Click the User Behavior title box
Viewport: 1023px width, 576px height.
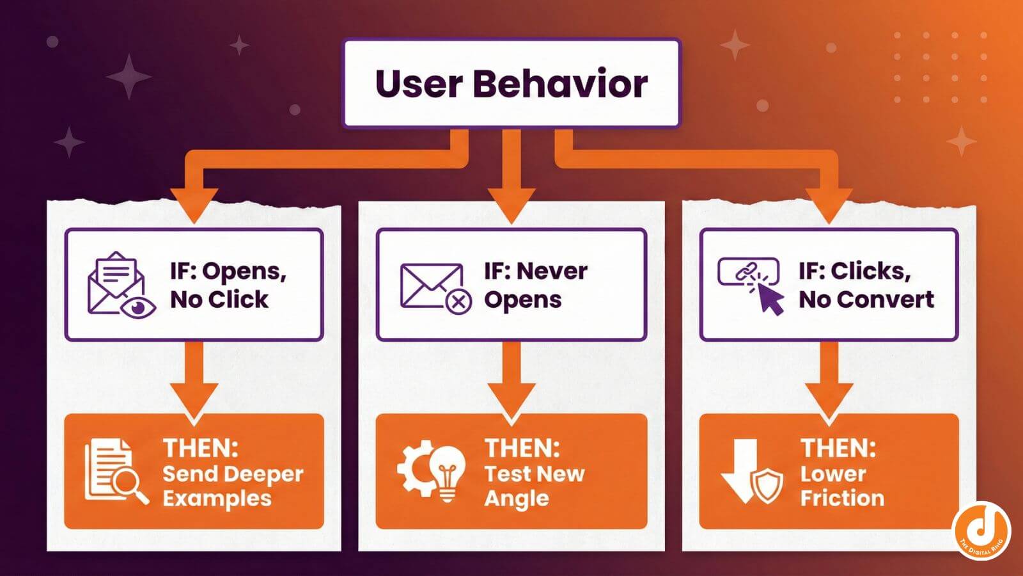511,83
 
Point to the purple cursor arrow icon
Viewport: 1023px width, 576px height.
770,298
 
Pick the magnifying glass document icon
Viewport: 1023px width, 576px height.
115,471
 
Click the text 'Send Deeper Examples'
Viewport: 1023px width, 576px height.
233,486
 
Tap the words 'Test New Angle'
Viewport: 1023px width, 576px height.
534,486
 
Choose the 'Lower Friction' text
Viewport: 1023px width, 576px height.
842,486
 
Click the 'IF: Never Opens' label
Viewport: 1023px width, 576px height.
535,285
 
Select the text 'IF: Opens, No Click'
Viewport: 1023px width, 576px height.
228,285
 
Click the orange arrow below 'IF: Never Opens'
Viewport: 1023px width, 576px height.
511,381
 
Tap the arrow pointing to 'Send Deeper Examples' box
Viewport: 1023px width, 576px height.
194,381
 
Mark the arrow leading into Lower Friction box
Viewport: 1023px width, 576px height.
829,381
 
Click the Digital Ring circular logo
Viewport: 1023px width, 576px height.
980,531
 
